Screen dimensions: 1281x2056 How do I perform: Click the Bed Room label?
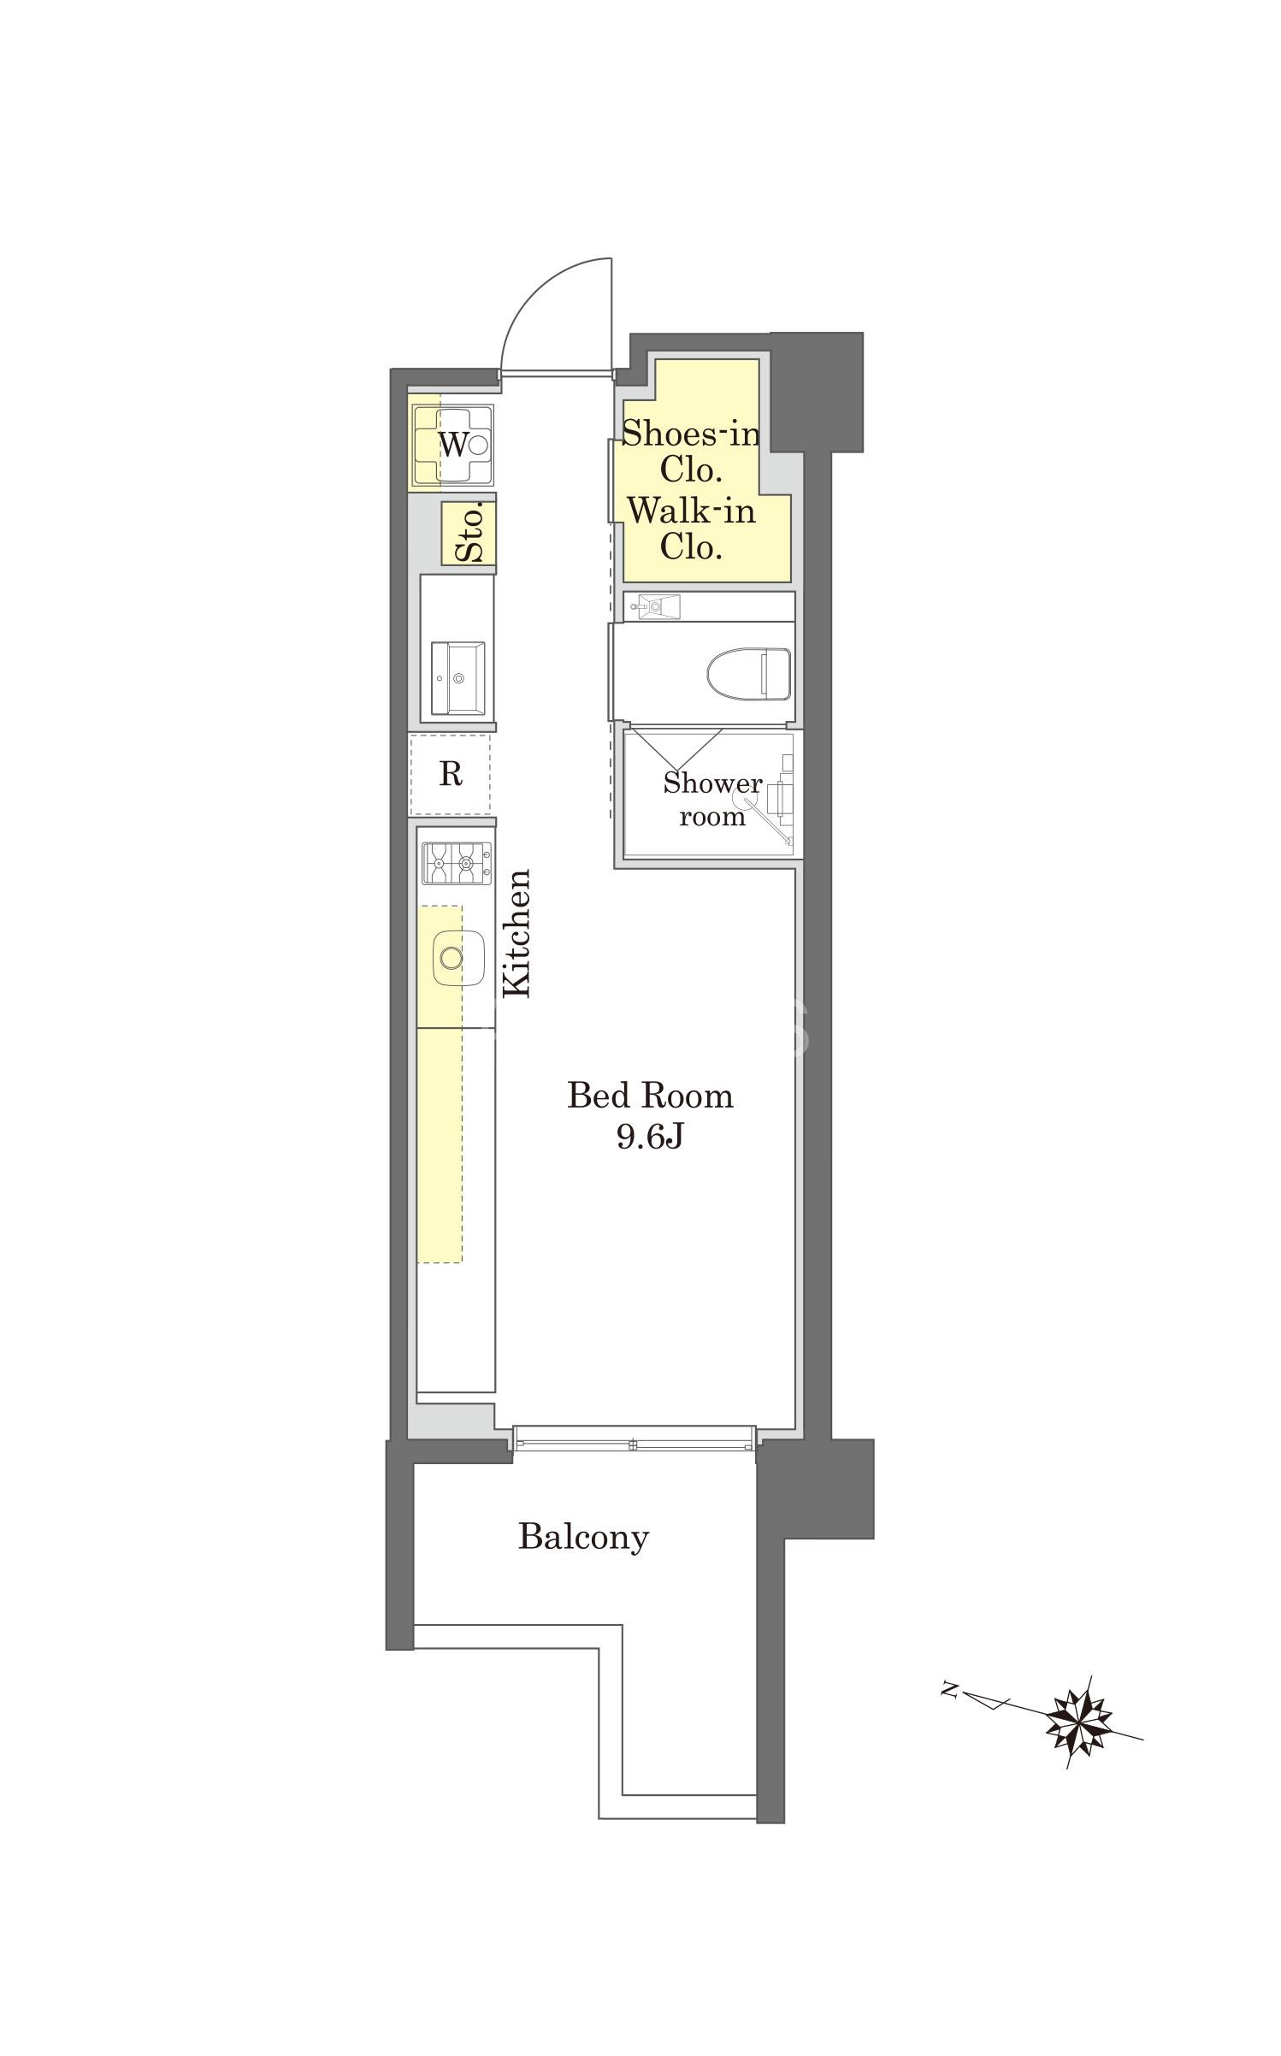coord(650,1096)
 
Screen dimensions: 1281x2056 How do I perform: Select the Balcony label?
coord(583,1537)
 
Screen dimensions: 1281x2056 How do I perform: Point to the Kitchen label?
coord(517,933)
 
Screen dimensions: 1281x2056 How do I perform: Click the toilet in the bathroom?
coord(748,673)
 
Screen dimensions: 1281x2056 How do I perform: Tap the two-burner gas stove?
coord(457,864)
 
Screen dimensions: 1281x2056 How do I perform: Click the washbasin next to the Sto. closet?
coord(457,678)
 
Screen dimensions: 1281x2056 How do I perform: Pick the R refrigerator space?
coord(450,774)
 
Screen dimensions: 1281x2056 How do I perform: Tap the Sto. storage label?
coord(469,533)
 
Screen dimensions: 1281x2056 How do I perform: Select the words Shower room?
coord(712,800)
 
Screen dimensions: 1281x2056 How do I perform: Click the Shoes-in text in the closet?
coord(690,434)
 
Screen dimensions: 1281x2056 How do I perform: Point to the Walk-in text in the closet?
coord(691,511)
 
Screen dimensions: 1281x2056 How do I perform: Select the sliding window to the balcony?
coord(635,1438)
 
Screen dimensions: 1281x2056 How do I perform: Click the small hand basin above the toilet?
coord(654,606)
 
